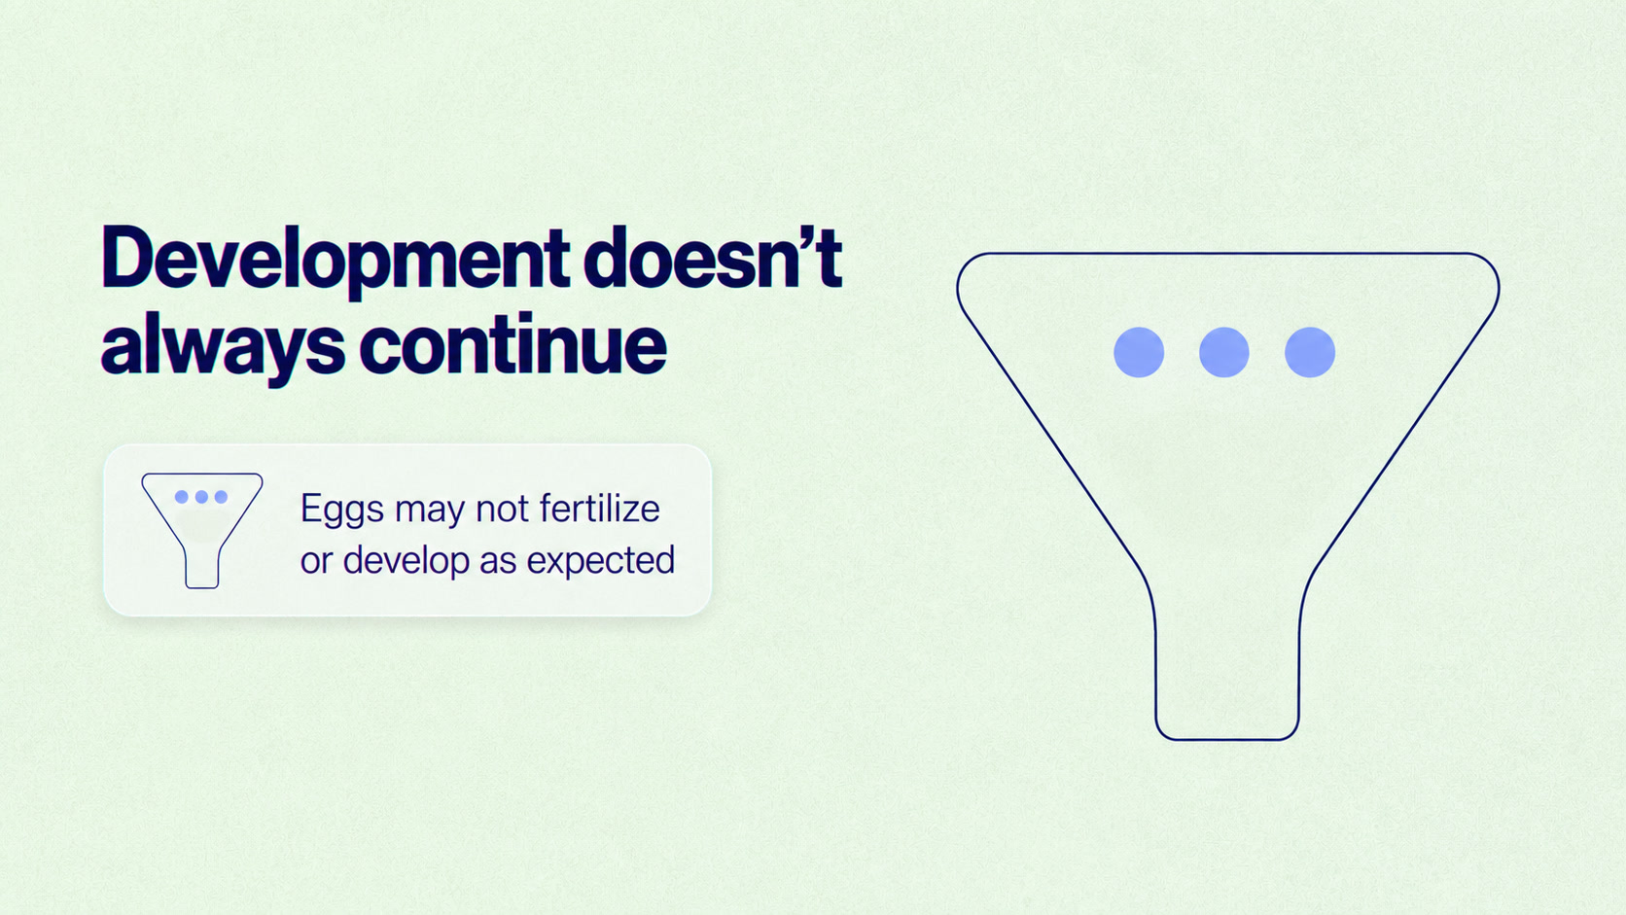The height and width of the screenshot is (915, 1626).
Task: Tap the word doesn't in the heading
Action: [x=712, y=257]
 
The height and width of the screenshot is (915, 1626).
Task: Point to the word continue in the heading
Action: [x=513, y=343]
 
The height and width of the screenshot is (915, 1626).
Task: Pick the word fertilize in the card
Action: [x=599, y=508]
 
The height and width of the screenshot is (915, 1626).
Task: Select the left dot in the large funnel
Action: [x=1139, y=353]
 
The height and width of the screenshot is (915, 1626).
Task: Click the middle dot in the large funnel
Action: [x=1223, y=353]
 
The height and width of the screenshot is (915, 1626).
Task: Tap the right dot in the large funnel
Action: [x=1310, y=353]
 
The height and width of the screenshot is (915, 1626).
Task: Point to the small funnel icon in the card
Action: [x=202, y=530]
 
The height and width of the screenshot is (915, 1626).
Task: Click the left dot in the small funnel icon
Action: [x=182, y=497]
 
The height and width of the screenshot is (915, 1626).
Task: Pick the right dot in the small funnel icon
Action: [x=221, y=497]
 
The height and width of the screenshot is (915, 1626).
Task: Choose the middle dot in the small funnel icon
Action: [x=201, y=497]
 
